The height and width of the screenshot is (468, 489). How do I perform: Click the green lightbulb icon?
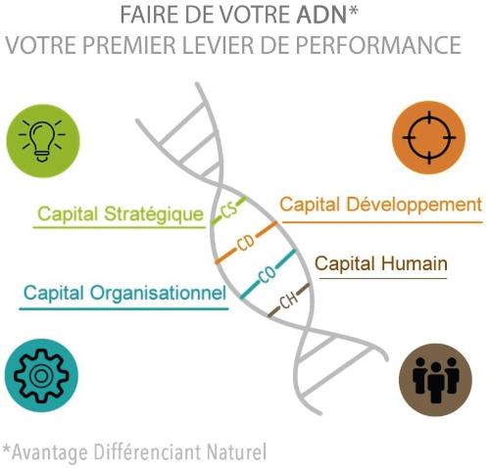tap(43, 141)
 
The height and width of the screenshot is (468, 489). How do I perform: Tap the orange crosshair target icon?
tap(429, 137)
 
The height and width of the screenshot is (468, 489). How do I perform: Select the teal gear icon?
tap(41, 375)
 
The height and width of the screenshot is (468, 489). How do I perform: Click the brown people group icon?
tap(436, 380)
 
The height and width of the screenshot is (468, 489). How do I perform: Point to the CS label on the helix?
tap(229, 211)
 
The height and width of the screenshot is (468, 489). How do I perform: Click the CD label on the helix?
tap(246, 243)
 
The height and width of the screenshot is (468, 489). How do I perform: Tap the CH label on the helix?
tap(289, 301)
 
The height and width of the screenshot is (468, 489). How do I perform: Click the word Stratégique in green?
tap(154, 215)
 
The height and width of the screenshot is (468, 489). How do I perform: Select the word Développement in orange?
tap(414, 206)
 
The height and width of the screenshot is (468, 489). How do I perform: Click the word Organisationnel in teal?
tap(158, 294)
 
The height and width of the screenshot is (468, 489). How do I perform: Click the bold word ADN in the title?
tap(321, 15)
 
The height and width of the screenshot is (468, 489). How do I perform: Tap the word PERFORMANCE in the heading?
tap(378, 45)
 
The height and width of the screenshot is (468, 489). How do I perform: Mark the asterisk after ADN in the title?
tap(353, 11)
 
